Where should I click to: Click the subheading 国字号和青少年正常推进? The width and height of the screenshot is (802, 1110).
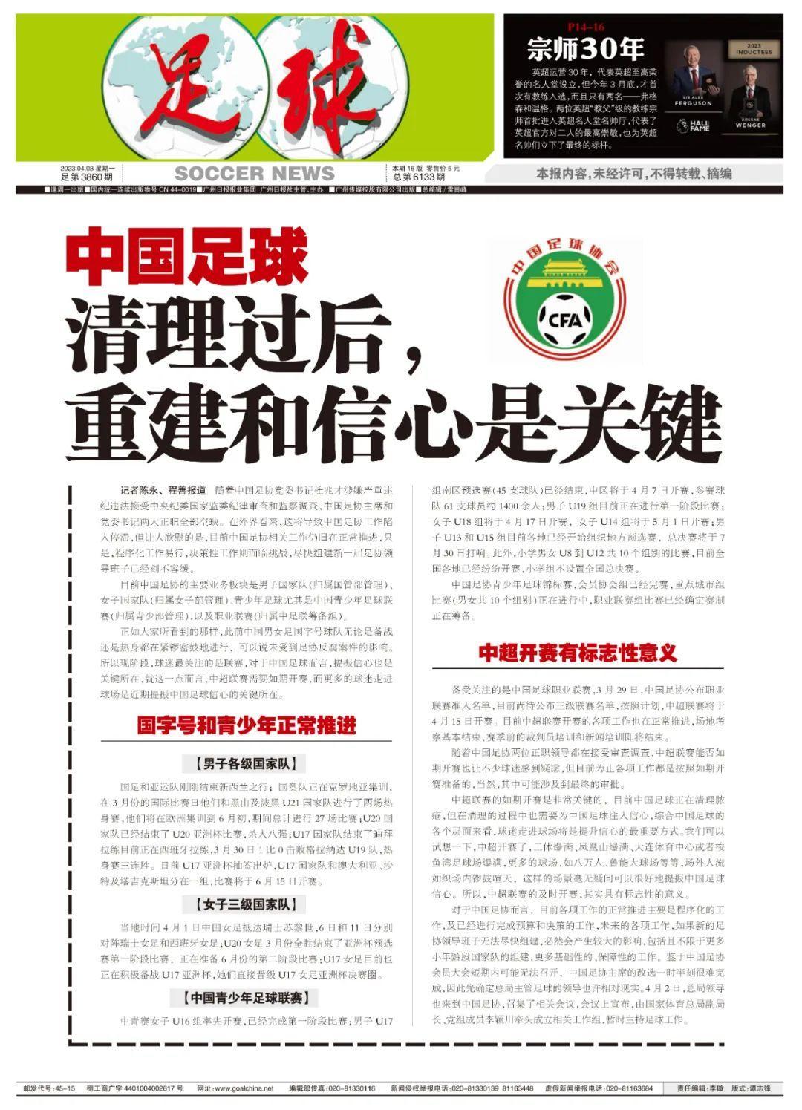click(x=247, y=725)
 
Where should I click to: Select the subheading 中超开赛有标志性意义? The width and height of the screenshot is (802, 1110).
click(x=578, y=653)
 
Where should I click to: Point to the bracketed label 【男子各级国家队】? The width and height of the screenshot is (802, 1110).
click(x=246, y=764)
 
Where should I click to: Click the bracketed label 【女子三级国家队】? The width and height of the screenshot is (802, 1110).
click(x=246, y=904)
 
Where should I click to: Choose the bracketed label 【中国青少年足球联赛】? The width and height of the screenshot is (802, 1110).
click(x=246, y=997)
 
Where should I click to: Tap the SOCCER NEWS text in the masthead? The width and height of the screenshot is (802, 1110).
click(x=255, y=174)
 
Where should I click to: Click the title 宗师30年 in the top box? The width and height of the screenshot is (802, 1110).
click(x=585, y=49)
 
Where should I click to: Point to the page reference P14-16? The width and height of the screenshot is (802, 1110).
click(x=586, y=27)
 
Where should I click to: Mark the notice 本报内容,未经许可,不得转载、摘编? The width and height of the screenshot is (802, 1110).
click(x=634, y=174)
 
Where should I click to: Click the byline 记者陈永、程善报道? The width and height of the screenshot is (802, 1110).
click(x=163, y=491)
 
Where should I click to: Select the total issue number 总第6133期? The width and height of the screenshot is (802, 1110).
click(x=419, y=177)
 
